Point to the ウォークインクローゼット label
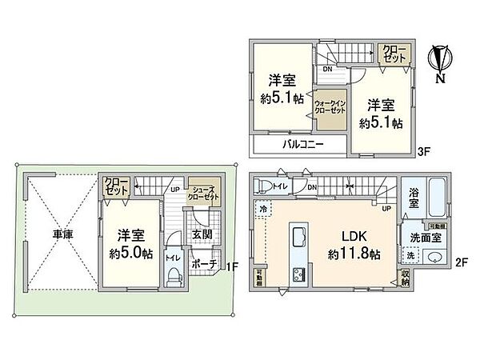[330, 108]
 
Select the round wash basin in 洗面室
[434, 257]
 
